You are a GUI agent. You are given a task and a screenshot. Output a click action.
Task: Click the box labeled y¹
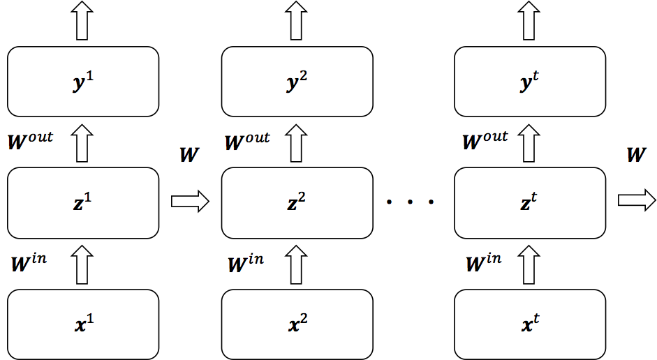83,82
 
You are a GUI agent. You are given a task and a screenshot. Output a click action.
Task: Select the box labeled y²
297,82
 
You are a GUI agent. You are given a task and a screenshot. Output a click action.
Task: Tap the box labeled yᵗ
530,82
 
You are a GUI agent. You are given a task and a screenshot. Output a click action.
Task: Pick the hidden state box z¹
83,202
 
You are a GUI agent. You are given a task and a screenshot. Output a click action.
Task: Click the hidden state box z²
297,202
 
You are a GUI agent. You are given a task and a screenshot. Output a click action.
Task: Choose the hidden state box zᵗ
530,202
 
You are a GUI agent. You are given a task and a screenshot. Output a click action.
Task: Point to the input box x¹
83,324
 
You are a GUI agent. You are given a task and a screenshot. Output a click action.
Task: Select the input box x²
297,324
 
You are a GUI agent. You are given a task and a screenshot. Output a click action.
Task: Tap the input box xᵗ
530,324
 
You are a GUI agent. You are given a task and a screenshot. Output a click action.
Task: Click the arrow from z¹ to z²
190,202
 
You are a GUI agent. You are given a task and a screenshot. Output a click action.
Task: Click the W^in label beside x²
246,264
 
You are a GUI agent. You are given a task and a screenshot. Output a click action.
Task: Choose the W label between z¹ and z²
189,154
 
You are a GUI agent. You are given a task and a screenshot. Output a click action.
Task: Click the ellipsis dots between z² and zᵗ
411,202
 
